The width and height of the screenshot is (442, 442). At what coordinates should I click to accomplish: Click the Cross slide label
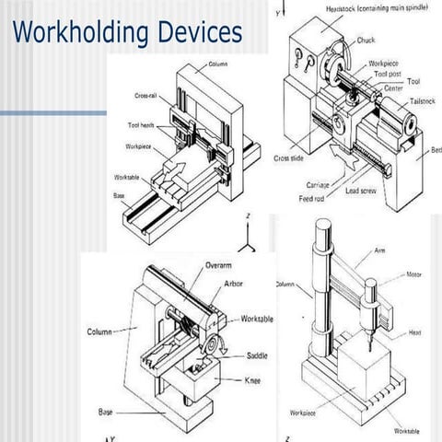(x=289, y=157)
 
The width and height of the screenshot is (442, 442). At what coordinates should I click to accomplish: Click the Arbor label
(x=234, y=285)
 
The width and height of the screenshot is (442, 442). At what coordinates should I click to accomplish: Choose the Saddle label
(x=258, y=355)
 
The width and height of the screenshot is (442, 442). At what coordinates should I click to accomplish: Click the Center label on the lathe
(x=393, y=88)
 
